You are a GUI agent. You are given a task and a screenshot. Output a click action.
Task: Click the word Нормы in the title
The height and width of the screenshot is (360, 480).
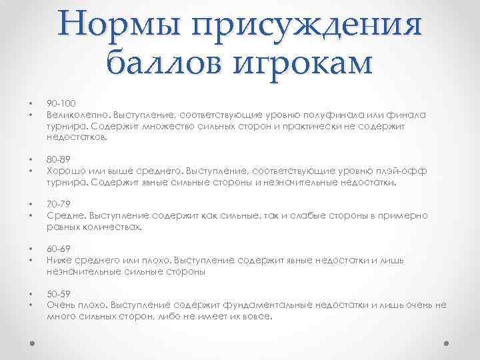(120, 25)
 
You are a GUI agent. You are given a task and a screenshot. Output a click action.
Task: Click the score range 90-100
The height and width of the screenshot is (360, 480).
(61, 103)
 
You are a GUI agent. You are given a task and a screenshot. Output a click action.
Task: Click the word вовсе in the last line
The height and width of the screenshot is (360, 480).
(257, 317)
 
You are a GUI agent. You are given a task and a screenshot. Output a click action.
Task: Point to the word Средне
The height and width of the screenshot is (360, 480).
(62, 216)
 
